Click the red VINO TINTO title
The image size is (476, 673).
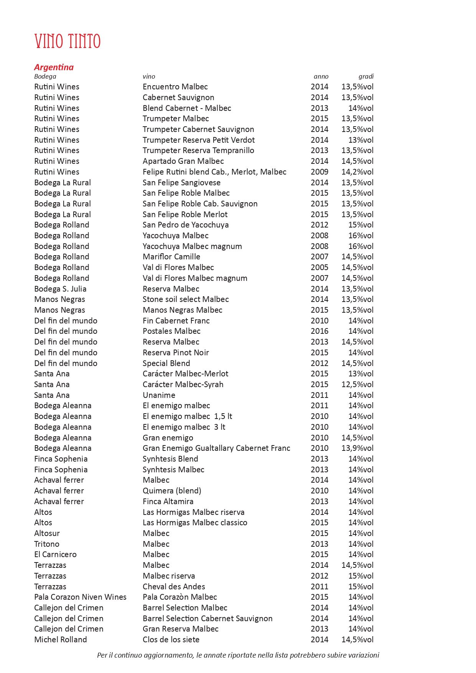(67, 41)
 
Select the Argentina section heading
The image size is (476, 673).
(54, 67)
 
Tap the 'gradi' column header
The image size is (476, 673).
(366, 76)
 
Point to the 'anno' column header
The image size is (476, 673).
(321, 76)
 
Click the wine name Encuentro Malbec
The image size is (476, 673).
(175, 87)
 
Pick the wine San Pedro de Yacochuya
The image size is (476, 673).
(186, 225)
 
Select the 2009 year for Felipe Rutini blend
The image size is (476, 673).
(320, 172)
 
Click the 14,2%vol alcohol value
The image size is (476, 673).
(357, 172)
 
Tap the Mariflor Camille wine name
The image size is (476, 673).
(171, 257)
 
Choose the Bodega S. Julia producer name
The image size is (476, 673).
(60, 289)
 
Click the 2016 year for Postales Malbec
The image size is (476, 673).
(320, 331)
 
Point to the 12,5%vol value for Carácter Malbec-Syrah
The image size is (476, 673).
(357, 384)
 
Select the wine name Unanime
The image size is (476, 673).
(159, 395)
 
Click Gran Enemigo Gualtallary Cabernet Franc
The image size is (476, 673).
(216, 448)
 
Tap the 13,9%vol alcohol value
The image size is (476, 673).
(357, 448)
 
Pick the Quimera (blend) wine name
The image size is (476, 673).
(172, 491)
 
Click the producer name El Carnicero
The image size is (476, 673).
(55, 554)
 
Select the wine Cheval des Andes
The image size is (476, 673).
(174, 587)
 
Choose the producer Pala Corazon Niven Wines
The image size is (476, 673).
(80, 597)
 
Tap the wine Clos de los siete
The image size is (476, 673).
(171, 640)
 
